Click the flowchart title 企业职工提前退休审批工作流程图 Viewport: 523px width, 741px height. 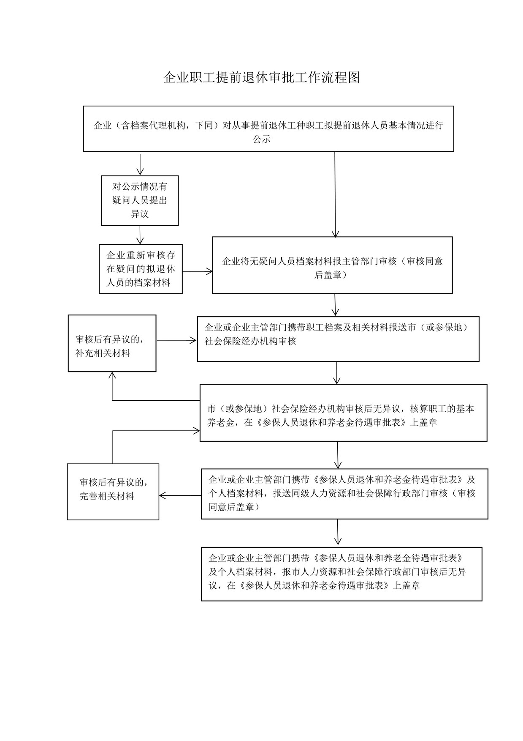262,77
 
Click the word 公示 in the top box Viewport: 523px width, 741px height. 262,139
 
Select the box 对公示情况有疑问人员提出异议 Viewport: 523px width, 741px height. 140,200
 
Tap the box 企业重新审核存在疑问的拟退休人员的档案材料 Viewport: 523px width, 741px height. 141,269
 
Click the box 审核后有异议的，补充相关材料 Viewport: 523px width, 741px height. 112,343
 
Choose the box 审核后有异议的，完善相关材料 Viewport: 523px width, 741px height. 113,492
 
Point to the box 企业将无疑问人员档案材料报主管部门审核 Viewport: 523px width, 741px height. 332,265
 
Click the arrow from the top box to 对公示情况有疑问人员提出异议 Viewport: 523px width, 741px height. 140,164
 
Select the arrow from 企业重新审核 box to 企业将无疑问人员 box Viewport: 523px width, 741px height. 198,271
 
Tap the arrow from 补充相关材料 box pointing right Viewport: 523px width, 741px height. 176,340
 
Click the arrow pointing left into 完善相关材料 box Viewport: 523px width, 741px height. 180,495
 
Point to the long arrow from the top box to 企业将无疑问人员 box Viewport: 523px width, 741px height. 335,194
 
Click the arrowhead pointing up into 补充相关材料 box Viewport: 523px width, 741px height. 112,375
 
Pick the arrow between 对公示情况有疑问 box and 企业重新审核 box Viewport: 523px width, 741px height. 140,235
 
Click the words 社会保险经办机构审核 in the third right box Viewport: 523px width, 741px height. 250,341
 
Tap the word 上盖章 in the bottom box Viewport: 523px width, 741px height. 406,585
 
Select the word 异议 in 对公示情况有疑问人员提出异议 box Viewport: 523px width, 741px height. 140,214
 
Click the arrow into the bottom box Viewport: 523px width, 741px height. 338,532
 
